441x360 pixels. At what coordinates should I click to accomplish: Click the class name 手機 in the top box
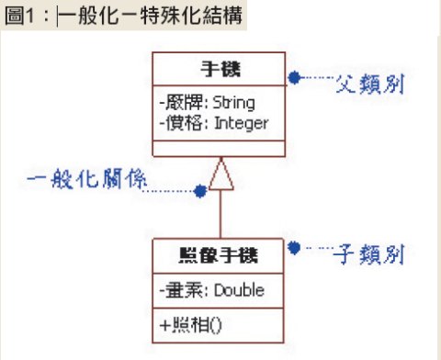pyautogui.click(x=220, y=70)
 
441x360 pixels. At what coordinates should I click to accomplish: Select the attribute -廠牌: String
pyautogui.click(x=206, y=101)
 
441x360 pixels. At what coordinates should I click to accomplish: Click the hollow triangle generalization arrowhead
pyautogui.click(x=221, y=175)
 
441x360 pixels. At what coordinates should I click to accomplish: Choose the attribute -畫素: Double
pyautogui.click(x=211, y=290)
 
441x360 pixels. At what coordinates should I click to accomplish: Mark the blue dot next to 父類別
pyautogui.click(x=293, y=77)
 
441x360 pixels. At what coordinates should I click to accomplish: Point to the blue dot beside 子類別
pyautogui.click(x=293, y=246)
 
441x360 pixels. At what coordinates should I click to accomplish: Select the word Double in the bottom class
pyautogui.click(x=240, y=290)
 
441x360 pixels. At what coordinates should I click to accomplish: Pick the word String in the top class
pyautogui.click(x=234, y=101)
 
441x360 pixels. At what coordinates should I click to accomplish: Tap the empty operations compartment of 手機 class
pyautogui.click(x=220, y=149)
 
